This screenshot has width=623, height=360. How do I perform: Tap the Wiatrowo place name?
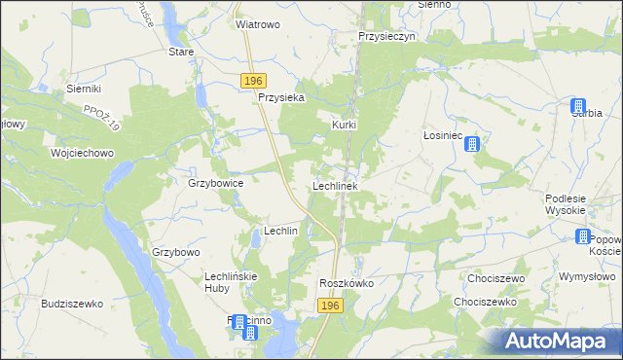pos(258,24)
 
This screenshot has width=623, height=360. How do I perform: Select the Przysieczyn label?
pos(386,35)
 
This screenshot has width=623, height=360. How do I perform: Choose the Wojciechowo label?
pos(83,154)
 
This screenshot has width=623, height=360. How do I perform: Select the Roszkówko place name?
pos(347,283)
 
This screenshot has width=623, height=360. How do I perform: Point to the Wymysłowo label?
pos(583,276)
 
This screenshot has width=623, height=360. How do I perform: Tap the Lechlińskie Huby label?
pos(230,283)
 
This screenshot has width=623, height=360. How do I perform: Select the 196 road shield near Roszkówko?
pos(331,306)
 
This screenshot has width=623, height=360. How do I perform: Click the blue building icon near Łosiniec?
pos(472,145)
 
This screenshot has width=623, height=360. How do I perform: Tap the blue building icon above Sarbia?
pos(579,106)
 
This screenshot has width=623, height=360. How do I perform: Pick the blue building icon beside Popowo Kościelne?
pos(583,236)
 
